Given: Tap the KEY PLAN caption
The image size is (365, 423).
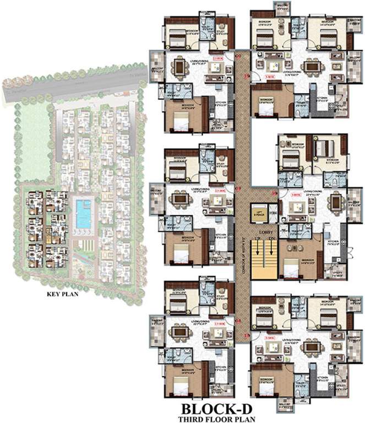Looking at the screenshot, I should click(64, 294).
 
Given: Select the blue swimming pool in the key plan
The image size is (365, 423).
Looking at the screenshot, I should click(83, 214).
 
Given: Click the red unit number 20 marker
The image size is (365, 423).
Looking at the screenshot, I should click(238, 56).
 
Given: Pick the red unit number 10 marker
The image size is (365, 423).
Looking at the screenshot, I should click(275, 193).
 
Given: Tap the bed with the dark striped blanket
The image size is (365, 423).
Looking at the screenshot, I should click(322, 149).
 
